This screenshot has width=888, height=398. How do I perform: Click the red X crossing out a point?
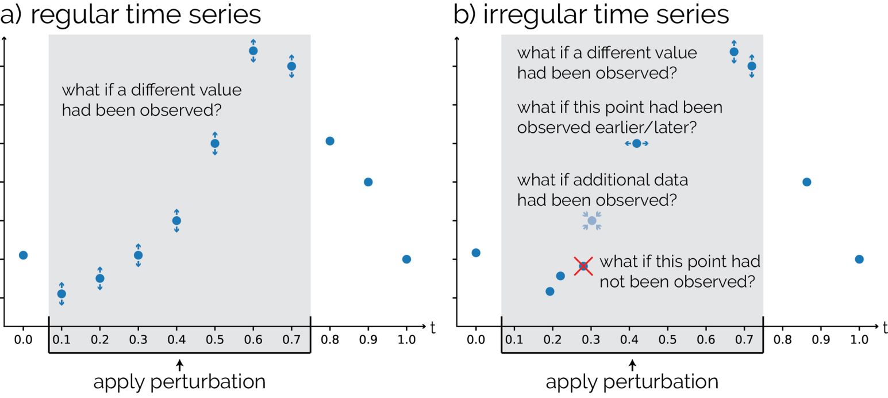click(x=583, y=266)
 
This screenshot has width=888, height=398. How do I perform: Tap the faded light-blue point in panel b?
click(x=592, y=220)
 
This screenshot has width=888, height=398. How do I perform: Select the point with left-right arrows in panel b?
click(x=636, y=143)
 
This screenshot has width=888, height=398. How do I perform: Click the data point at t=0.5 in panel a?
click(x=215, y=143)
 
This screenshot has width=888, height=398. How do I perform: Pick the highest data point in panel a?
click(x=253, y=51)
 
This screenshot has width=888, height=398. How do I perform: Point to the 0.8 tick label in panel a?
click(x=330, y=339)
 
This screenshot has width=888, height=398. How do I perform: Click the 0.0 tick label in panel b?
click(x=475, y=339)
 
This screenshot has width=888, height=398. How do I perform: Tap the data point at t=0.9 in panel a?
click(x=368, y=182)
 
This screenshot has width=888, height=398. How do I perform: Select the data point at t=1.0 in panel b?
click(x=859, y=259)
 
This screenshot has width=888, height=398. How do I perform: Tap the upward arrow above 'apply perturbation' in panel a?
click(x=180, y=364)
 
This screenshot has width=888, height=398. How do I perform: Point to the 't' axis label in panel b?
click(x=885, y=328)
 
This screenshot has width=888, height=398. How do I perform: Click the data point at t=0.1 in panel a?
click(x=61, y=294)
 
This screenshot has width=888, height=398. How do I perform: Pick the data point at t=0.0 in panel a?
click(x=23, y=255)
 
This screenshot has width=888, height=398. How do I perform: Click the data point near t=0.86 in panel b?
click(x=806, y=182)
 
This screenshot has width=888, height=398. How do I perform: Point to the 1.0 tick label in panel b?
click(x=859, y=339)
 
